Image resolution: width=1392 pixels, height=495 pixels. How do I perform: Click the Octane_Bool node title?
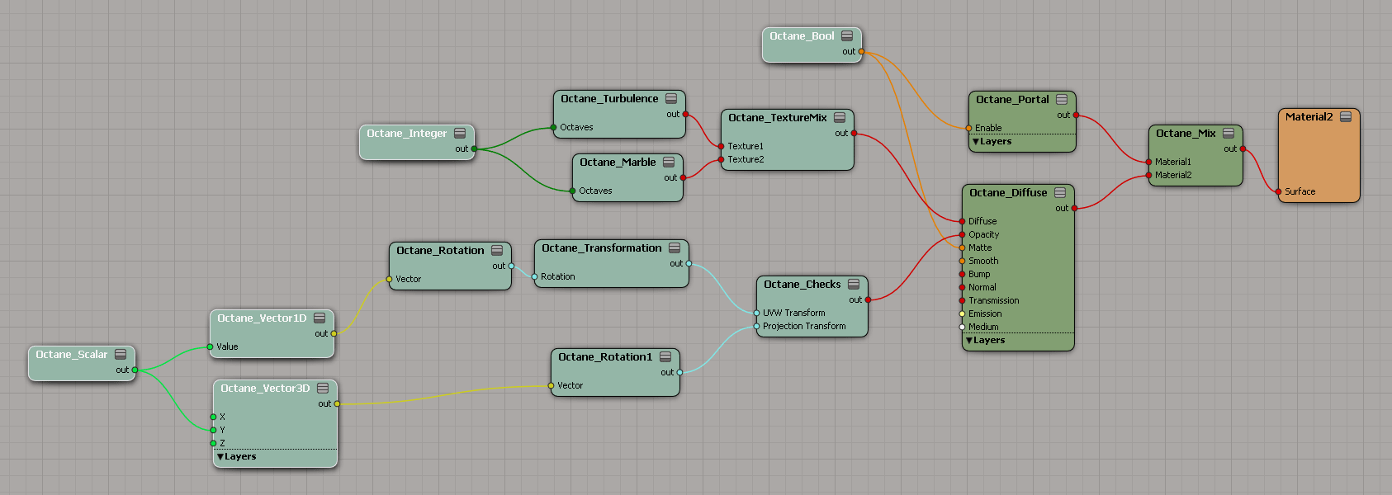[802, 36]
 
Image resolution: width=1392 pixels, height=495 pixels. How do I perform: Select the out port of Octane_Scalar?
[135, 370]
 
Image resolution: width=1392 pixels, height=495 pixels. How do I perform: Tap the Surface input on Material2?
[1278, 192]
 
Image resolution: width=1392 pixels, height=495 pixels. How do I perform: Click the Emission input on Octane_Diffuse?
[962, 313]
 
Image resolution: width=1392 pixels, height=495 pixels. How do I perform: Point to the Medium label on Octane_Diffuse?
[983, 327]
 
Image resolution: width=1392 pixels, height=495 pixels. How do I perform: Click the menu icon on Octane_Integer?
[460, 133]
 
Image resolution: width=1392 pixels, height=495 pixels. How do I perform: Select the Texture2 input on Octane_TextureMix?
[721, 159]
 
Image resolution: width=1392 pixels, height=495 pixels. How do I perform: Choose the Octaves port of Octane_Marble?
[572, 191]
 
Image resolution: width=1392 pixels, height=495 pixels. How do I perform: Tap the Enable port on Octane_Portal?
[968, 128]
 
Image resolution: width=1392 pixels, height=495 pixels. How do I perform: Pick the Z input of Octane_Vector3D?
[213, 444]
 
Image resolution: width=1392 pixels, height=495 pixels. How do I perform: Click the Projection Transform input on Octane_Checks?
[756, 326]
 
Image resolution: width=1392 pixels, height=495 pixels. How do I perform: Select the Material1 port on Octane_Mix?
[1148, 162]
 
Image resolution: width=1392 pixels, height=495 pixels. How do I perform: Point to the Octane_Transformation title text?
[602, 247]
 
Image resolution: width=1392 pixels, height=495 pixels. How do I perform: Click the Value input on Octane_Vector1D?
[210, 346]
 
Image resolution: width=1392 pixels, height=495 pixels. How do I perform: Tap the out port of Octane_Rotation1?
[679, 373]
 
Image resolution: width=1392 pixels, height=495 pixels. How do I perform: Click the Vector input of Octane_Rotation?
[389, 280]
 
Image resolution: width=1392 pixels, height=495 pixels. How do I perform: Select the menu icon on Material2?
[1346, 117]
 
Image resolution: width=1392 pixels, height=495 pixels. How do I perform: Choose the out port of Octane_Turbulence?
[685, 115]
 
